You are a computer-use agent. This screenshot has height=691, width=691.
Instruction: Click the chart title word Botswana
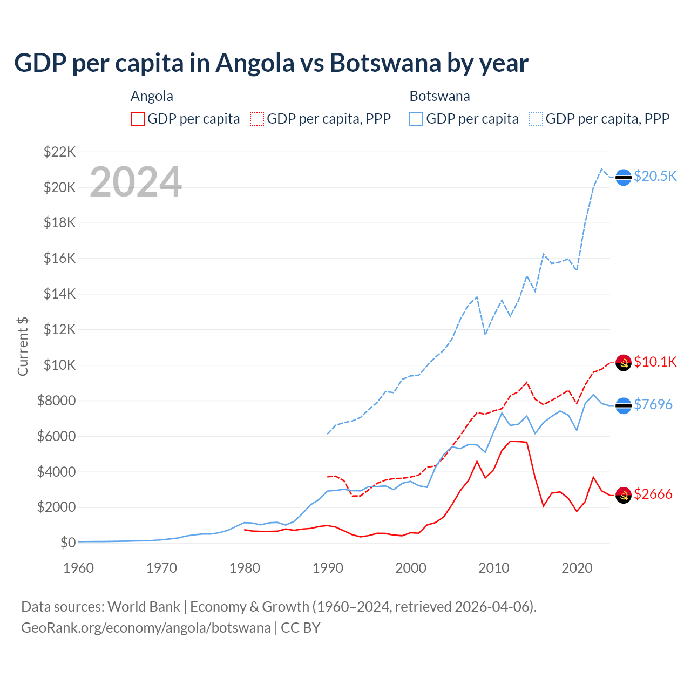[x=385, y=63]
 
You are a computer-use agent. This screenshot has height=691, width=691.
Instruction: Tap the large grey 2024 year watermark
[x=136, y=182]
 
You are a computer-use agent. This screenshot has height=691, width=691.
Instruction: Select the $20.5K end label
[x=655, y=177]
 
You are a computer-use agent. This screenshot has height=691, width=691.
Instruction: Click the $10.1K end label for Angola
[x=655, y=362]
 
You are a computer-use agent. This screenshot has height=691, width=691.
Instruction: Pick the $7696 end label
[x=653, y=404]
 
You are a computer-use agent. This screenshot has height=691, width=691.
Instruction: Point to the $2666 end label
[x=653, y=494]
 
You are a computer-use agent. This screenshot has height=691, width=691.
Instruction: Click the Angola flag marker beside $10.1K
[x=624, y=362]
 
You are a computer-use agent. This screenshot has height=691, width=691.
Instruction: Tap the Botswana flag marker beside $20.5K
[x=624, y=177]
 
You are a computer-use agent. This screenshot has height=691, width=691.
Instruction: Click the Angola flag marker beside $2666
[x=624, y=494]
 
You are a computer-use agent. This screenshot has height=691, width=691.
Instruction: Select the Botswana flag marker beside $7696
[x=624, y=405]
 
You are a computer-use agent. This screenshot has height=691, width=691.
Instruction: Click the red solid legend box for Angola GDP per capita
[x=138, y=119]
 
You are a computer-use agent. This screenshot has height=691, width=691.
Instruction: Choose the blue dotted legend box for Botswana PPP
[x=536, y=119]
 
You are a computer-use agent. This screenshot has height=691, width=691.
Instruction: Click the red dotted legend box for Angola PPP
[x=257, y=119]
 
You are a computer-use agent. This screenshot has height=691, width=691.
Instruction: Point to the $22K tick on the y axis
[x=60, y=152]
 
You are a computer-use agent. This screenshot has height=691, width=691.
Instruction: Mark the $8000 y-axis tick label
[x=57, y=401]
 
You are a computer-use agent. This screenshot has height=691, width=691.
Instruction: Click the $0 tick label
[x=68, y=543]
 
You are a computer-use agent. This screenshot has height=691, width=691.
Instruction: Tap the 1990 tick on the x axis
[x=328, y=568]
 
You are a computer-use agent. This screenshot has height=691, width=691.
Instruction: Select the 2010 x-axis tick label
[x=494, y=568]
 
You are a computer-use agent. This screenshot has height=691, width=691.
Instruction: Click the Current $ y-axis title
[x=23, y=347]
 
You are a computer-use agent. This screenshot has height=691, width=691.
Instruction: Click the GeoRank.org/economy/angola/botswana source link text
[x=146, y=628]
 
